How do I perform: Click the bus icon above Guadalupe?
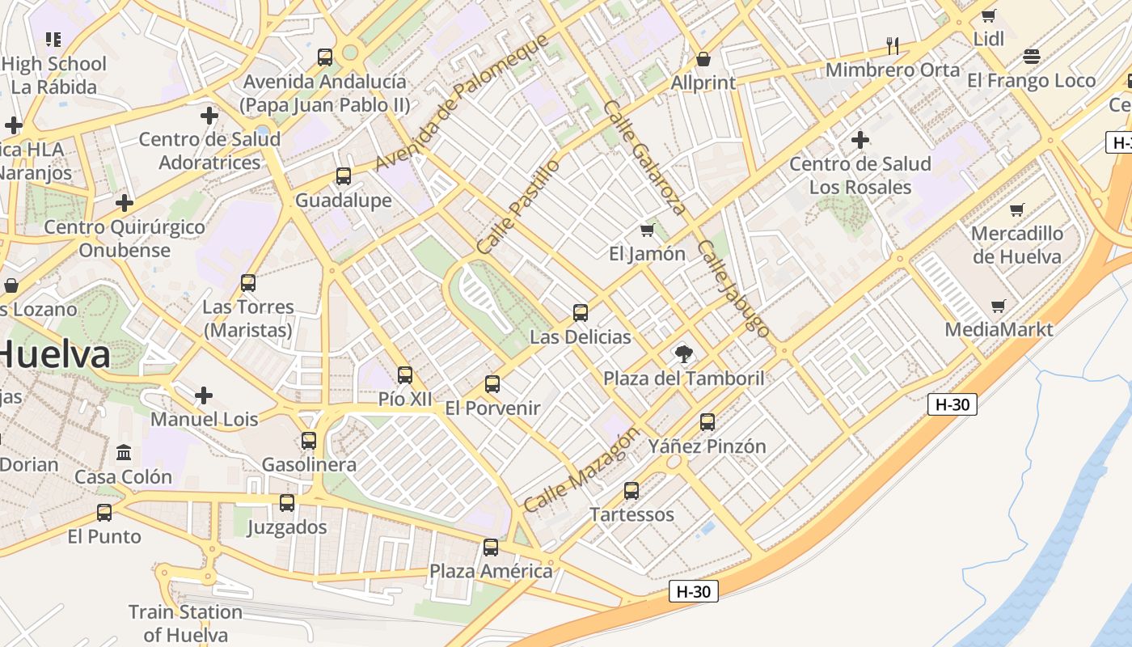(x=344, y=175)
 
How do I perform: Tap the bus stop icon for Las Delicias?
(x=581, y=312)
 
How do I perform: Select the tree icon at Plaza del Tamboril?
(x=684, y=353)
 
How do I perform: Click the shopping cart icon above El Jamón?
(x=647, y=230)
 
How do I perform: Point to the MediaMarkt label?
(x=999, y=329)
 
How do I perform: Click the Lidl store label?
(x=988, y=39)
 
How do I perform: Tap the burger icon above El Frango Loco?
(x=1031, y=57)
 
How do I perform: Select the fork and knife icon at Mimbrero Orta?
(x=893, y=45)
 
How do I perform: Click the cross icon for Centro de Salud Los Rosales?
(x=860, y=140)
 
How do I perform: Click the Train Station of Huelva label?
(x=185, y=623)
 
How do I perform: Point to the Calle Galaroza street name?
(x=644, y=158)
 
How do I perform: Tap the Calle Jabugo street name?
(x=733, y=287)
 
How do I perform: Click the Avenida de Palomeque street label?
(x=462, y=102)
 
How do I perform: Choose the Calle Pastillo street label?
(x=518, y=206)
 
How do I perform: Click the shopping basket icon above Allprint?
(x=703, y=59)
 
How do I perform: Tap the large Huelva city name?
(x=55, y=355)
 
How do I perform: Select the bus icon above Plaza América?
(x=491, y=548)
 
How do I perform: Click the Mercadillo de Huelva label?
(x=1016, y=245)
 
